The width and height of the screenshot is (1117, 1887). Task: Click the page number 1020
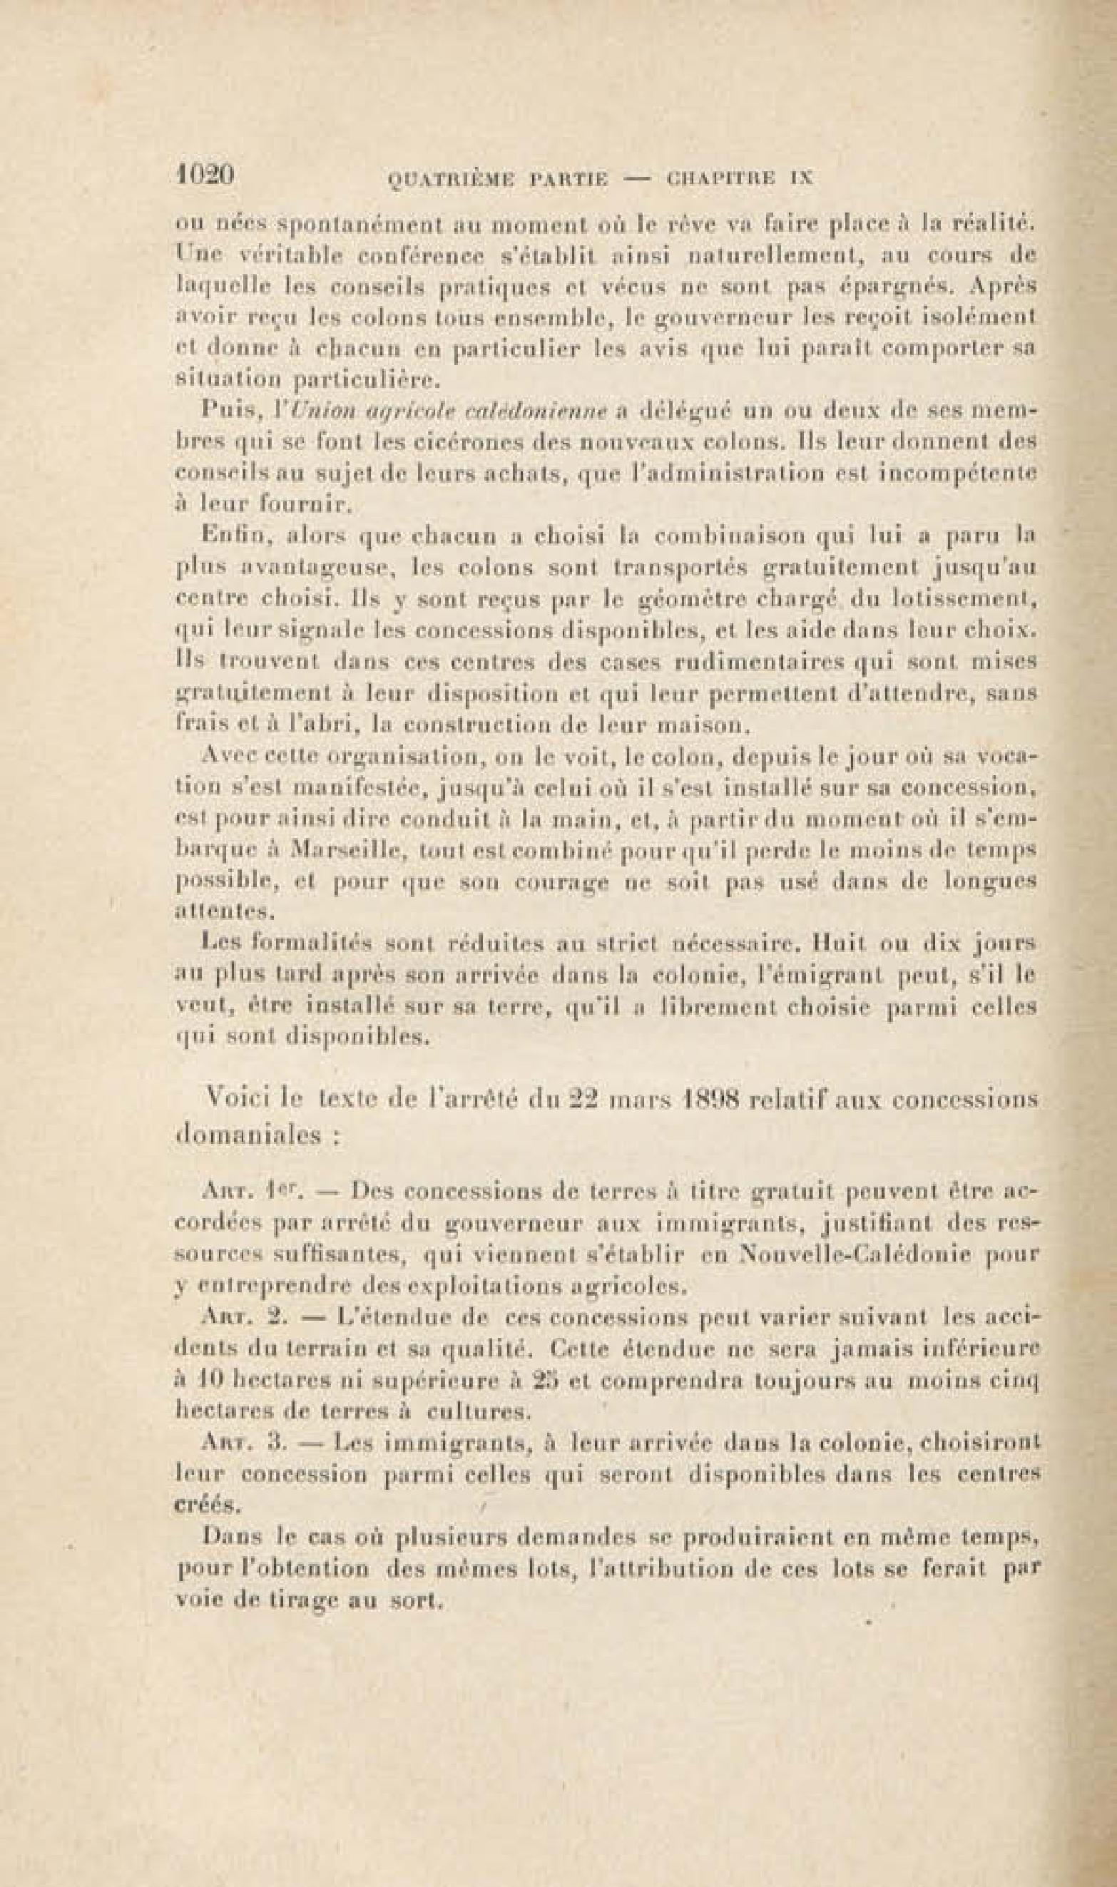tap(205, 176)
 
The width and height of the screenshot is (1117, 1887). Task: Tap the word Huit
tap(832, 942)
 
